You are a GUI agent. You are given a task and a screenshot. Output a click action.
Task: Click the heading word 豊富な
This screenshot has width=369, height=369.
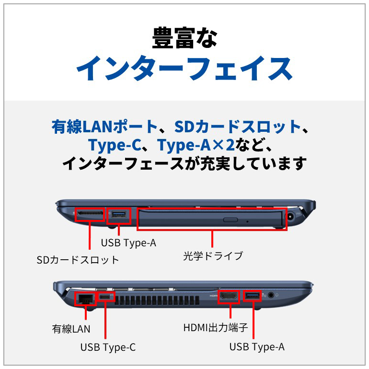[184, 38]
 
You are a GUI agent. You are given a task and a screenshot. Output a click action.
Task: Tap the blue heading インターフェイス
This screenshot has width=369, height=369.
[184, 69]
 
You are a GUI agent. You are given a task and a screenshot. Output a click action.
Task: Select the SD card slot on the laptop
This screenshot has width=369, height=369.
[90, 213]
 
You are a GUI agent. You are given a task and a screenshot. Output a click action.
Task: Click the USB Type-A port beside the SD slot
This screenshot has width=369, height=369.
[119, 215]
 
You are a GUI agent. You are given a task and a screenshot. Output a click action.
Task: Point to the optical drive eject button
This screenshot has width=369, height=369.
[231, 220]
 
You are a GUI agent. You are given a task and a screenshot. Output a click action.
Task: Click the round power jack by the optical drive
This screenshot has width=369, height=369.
[290, 216]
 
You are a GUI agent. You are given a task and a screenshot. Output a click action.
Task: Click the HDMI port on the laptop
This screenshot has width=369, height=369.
[229, 297]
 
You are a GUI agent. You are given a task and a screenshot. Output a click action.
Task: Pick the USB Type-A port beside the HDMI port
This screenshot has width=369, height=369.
[252, 296]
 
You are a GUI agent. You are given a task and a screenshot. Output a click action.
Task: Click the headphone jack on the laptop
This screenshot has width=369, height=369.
[271, 295]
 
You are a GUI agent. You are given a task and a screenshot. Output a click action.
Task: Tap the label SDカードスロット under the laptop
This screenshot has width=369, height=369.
[78, 260]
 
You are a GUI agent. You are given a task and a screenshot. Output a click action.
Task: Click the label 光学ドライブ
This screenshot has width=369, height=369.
[213, 256]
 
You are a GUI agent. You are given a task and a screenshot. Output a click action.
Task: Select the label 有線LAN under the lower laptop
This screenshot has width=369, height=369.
[71, 329]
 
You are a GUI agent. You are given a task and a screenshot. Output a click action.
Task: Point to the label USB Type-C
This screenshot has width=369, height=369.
[108, 347]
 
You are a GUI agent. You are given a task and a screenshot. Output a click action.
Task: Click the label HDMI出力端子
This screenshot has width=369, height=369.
[215, 328]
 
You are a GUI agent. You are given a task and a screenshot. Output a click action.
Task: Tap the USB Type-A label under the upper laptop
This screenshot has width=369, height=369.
[128, 243]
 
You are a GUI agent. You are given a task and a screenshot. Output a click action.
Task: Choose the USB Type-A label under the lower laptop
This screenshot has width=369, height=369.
[257, 347]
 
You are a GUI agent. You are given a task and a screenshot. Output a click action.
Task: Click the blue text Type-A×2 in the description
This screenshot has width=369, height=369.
[196, 145]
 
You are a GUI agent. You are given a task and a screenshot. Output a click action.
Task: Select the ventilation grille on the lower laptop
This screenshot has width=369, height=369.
[157, 300]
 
